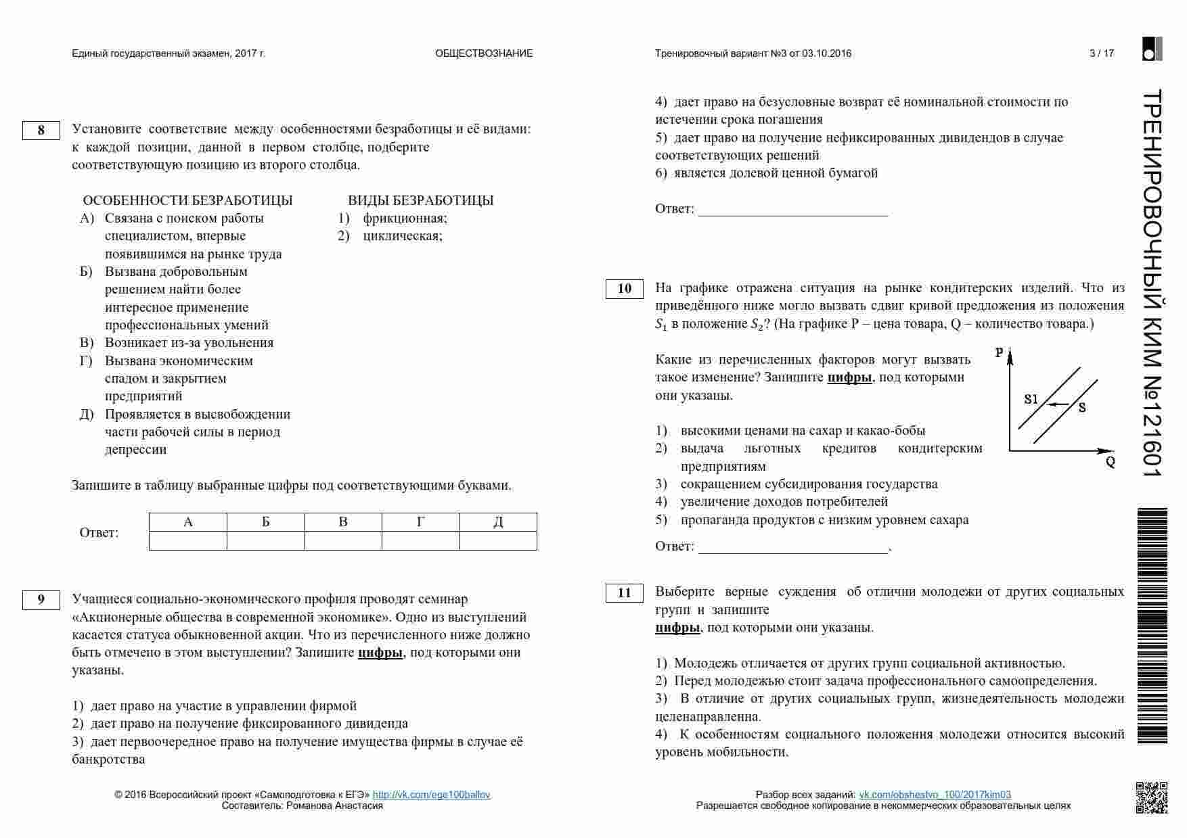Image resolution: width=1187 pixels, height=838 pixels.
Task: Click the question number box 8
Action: pyautogui.click(x=41, y=130)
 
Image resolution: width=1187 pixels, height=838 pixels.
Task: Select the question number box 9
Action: pyautogui.click(x=41, y=600)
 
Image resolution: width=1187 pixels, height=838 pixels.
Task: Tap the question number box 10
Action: pyautogui.click(x=624, y=289)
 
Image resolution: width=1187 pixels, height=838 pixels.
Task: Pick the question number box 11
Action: pyautogui.click(x=624, y=593)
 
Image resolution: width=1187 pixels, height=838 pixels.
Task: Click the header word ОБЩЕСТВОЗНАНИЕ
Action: pyautogui.click(x=484, y=53)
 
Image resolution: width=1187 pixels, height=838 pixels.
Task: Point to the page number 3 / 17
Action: pyautogui.click(x=1102, y=53)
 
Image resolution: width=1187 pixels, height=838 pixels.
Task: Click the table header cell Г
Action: pyautogui.click(x=421, y=522)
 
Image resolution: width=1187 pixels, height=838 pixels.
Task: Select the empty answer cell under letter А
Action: pyautogui.click(x=188, y=540)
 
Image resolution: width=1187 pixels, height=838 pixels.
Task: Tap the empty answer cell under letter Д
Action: pyautogui.click(x=498, y=540)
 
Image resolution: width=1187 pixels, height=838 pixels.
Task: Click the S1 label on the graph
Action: pyautogui.click(x=1031, y=399)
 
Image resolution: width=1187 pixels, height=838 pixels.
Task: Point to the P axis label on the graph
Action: pyautogui.click(x=1000, y=352)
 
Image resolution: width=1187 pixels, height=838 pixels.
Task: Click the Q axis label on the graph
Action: pyautogui.click(x=1111, y=463)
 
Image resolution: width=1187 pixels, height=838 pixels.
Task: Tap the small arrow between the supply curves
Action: pyautogui.click(x=1058, y=404)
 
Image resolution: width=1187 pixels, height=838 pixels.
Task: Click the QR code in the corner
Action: pyautogui.click(x=1151, y=797)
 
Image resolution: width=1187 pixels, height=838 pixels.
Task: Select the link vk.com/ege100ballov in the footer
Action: pyautogui.click(x=431, y=795)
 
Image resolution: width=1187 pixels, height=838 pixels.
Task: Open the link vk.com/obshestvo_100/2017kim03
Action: pyautogui.click(x=935, y=795)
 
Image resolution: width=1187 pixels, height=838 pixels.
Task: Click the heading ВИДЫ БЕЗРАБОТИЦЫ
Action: pyautogui.click(x=420, y=200)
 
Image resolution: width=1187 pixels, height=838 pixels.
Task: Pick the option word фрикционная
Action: pyautogui.click(x=405, y=218)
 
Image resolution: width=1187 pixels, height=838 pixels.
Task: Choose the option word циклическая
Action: pyautogui.click(x=402, y=236)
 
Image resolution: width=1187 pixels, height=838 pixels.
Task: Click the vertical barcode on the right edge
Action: pyautogui.click(x=1152, y=626)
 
